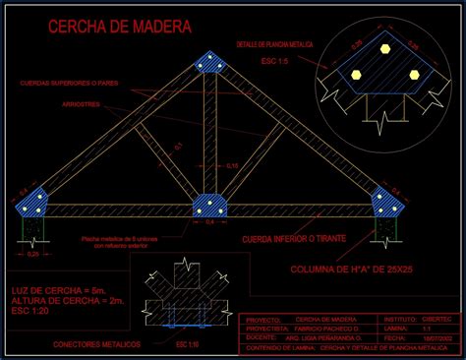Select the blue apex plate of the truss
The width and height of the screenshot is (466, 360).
[x=211, y=64]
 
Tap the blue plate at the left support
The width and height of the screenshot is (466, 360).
[x=35, y=204]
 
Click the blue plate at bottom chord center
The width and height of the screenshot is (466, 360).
[x=209, y=206]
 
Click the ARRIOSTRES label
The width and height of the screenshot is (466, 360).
[x=80, y=102]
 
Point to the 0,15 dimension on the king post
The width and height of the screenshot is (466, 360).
[x=232, y=166]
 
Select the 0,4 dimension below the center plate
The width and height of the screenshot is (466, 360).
[x=209, y=222]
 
